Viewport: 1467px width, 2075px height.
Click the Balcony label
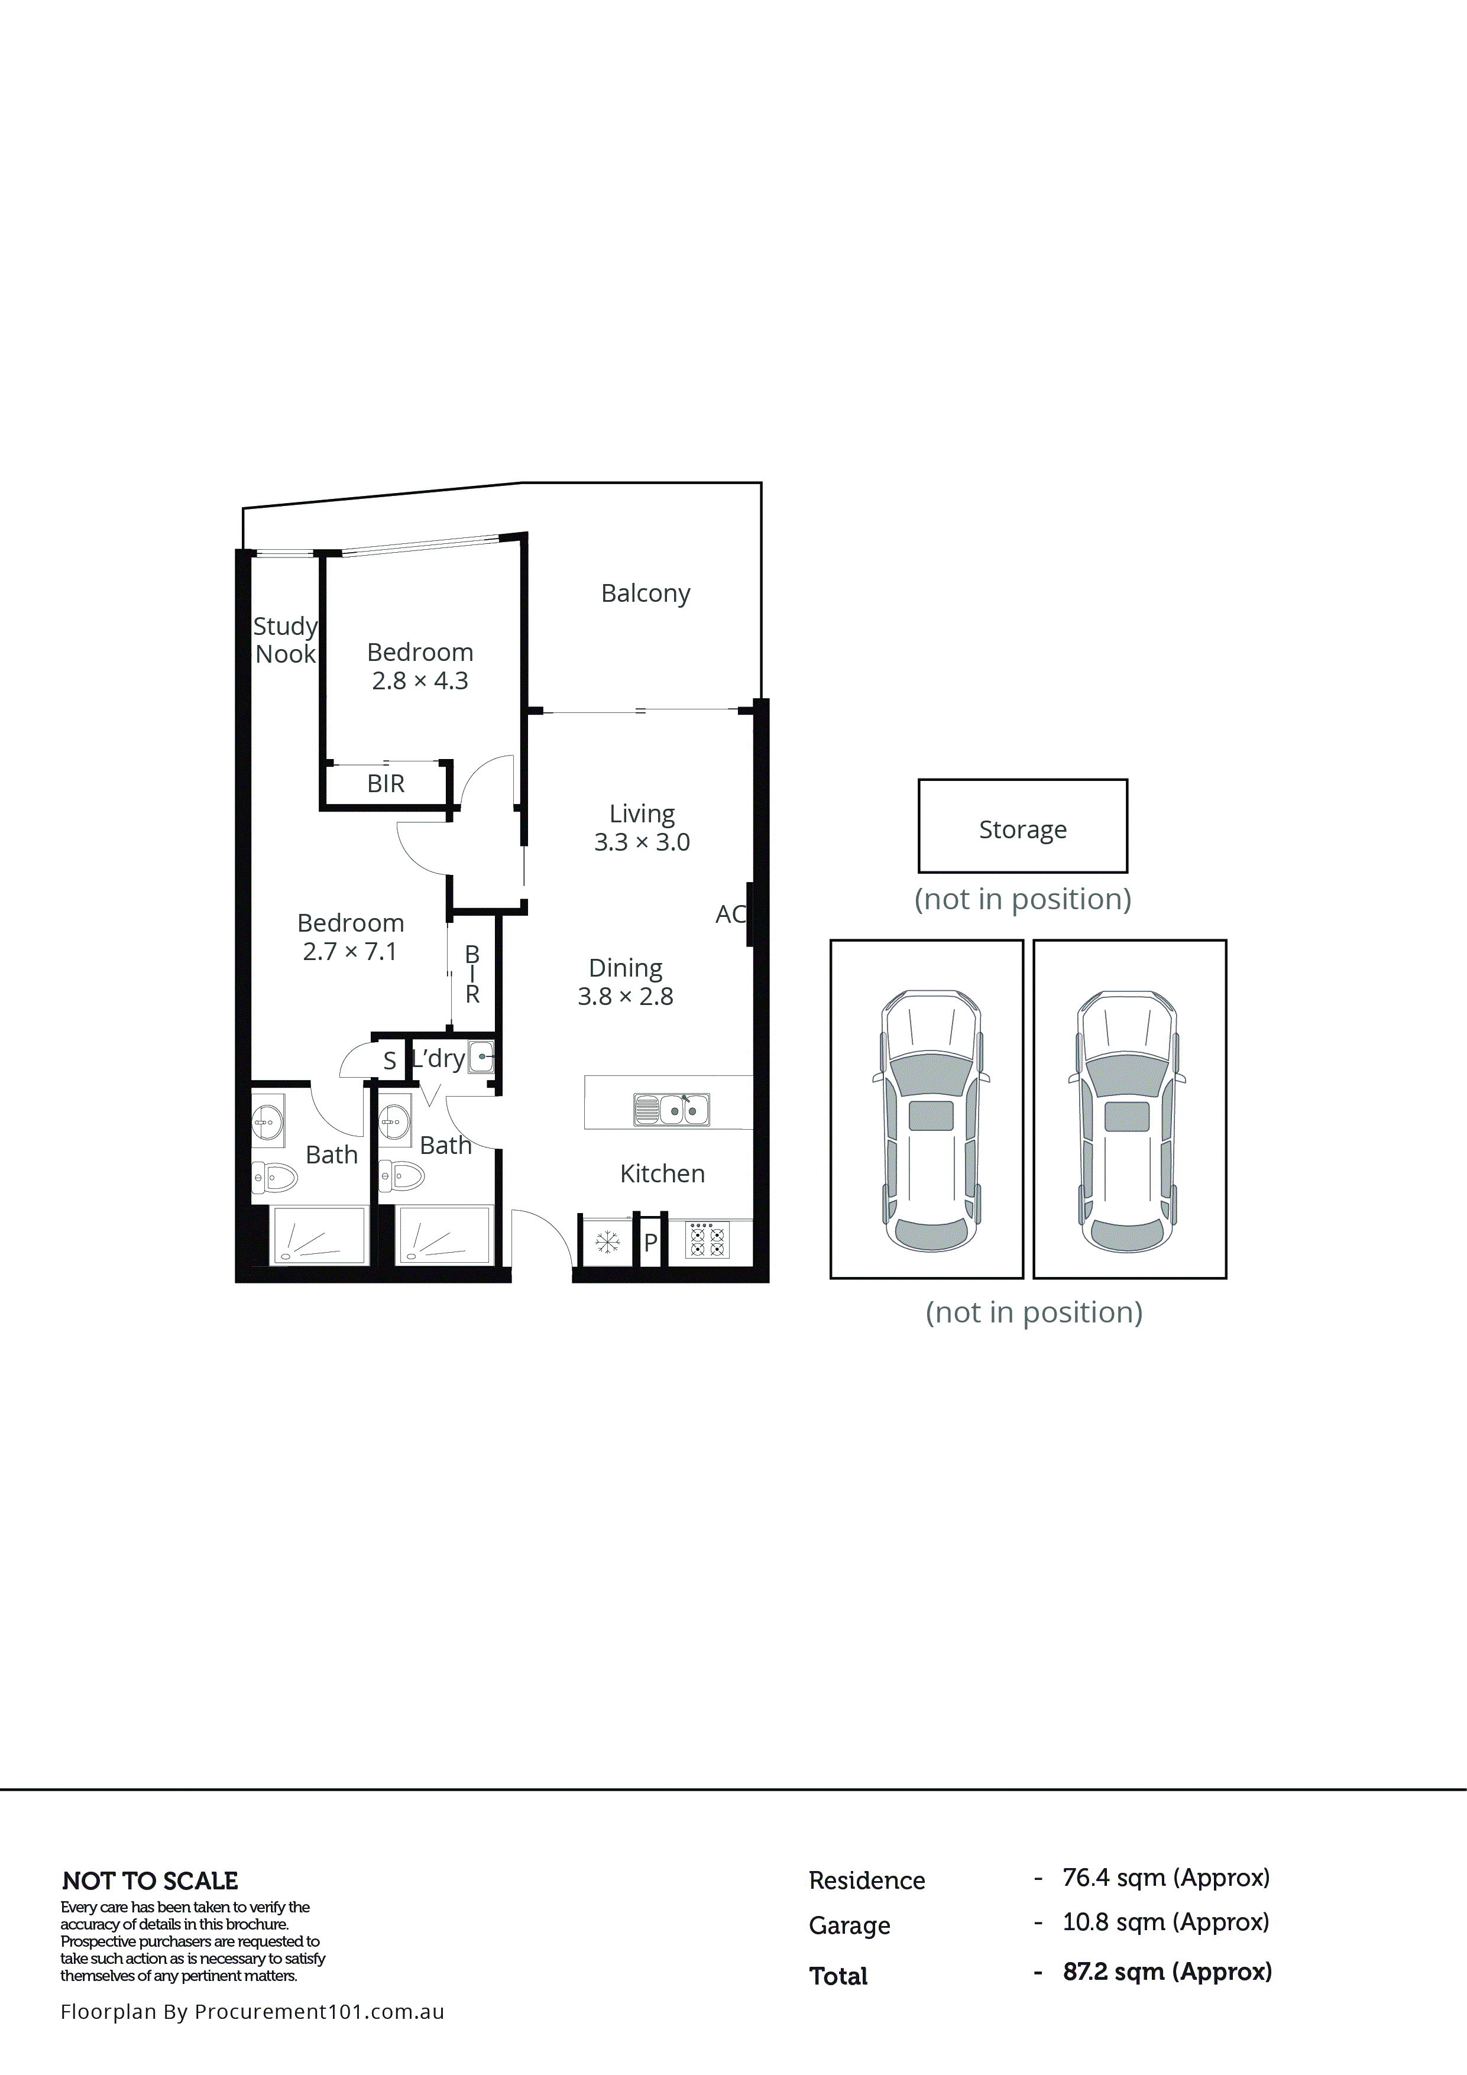pyautogui.click(x=645, y=593)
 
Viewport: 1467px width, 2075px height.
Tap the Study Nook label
pyautogui.click(x=285, y=640)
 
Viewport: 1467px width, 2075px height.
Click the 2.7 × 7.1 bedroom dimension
pyautogui.click(x=350, y=952)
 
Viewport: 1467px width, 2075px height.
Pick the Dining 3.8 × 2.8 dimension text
pyautogui.click(x=626, y=996)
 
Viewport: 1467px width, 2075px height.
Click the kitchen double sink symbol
pyautogui.click(x=672, y=1109)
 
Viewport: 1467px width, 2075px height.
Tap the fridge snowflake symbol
pyautogui.click(x=607, y=1243)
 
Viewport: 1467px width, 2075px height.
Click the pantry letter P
pyautogui.click(x=650, y=1243)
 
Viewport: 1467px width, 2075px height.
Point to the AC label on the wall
pyautogui.click(x=730, y=915)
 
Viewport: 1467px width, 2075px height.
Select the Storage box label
pyautogui.click(x=1022, y=829)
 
